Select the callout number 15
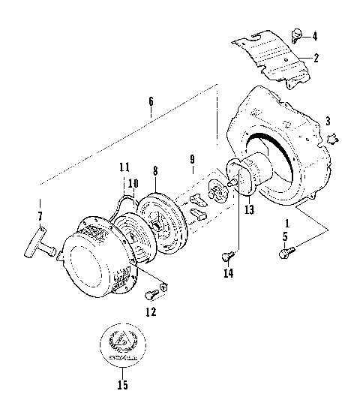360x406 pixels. (x=123, y=386)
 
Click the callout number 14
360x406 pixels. (x=227, y=274)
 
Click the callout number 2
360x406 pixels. (x=316, y=58)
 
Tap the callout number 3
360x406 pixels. (x=327, y=121)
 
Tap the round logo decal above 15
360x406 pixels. (x=123, y=344)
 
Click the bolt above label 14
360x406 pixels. (x=225, y=257)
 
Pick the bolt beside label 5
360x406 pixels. (x=284, y=254)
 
